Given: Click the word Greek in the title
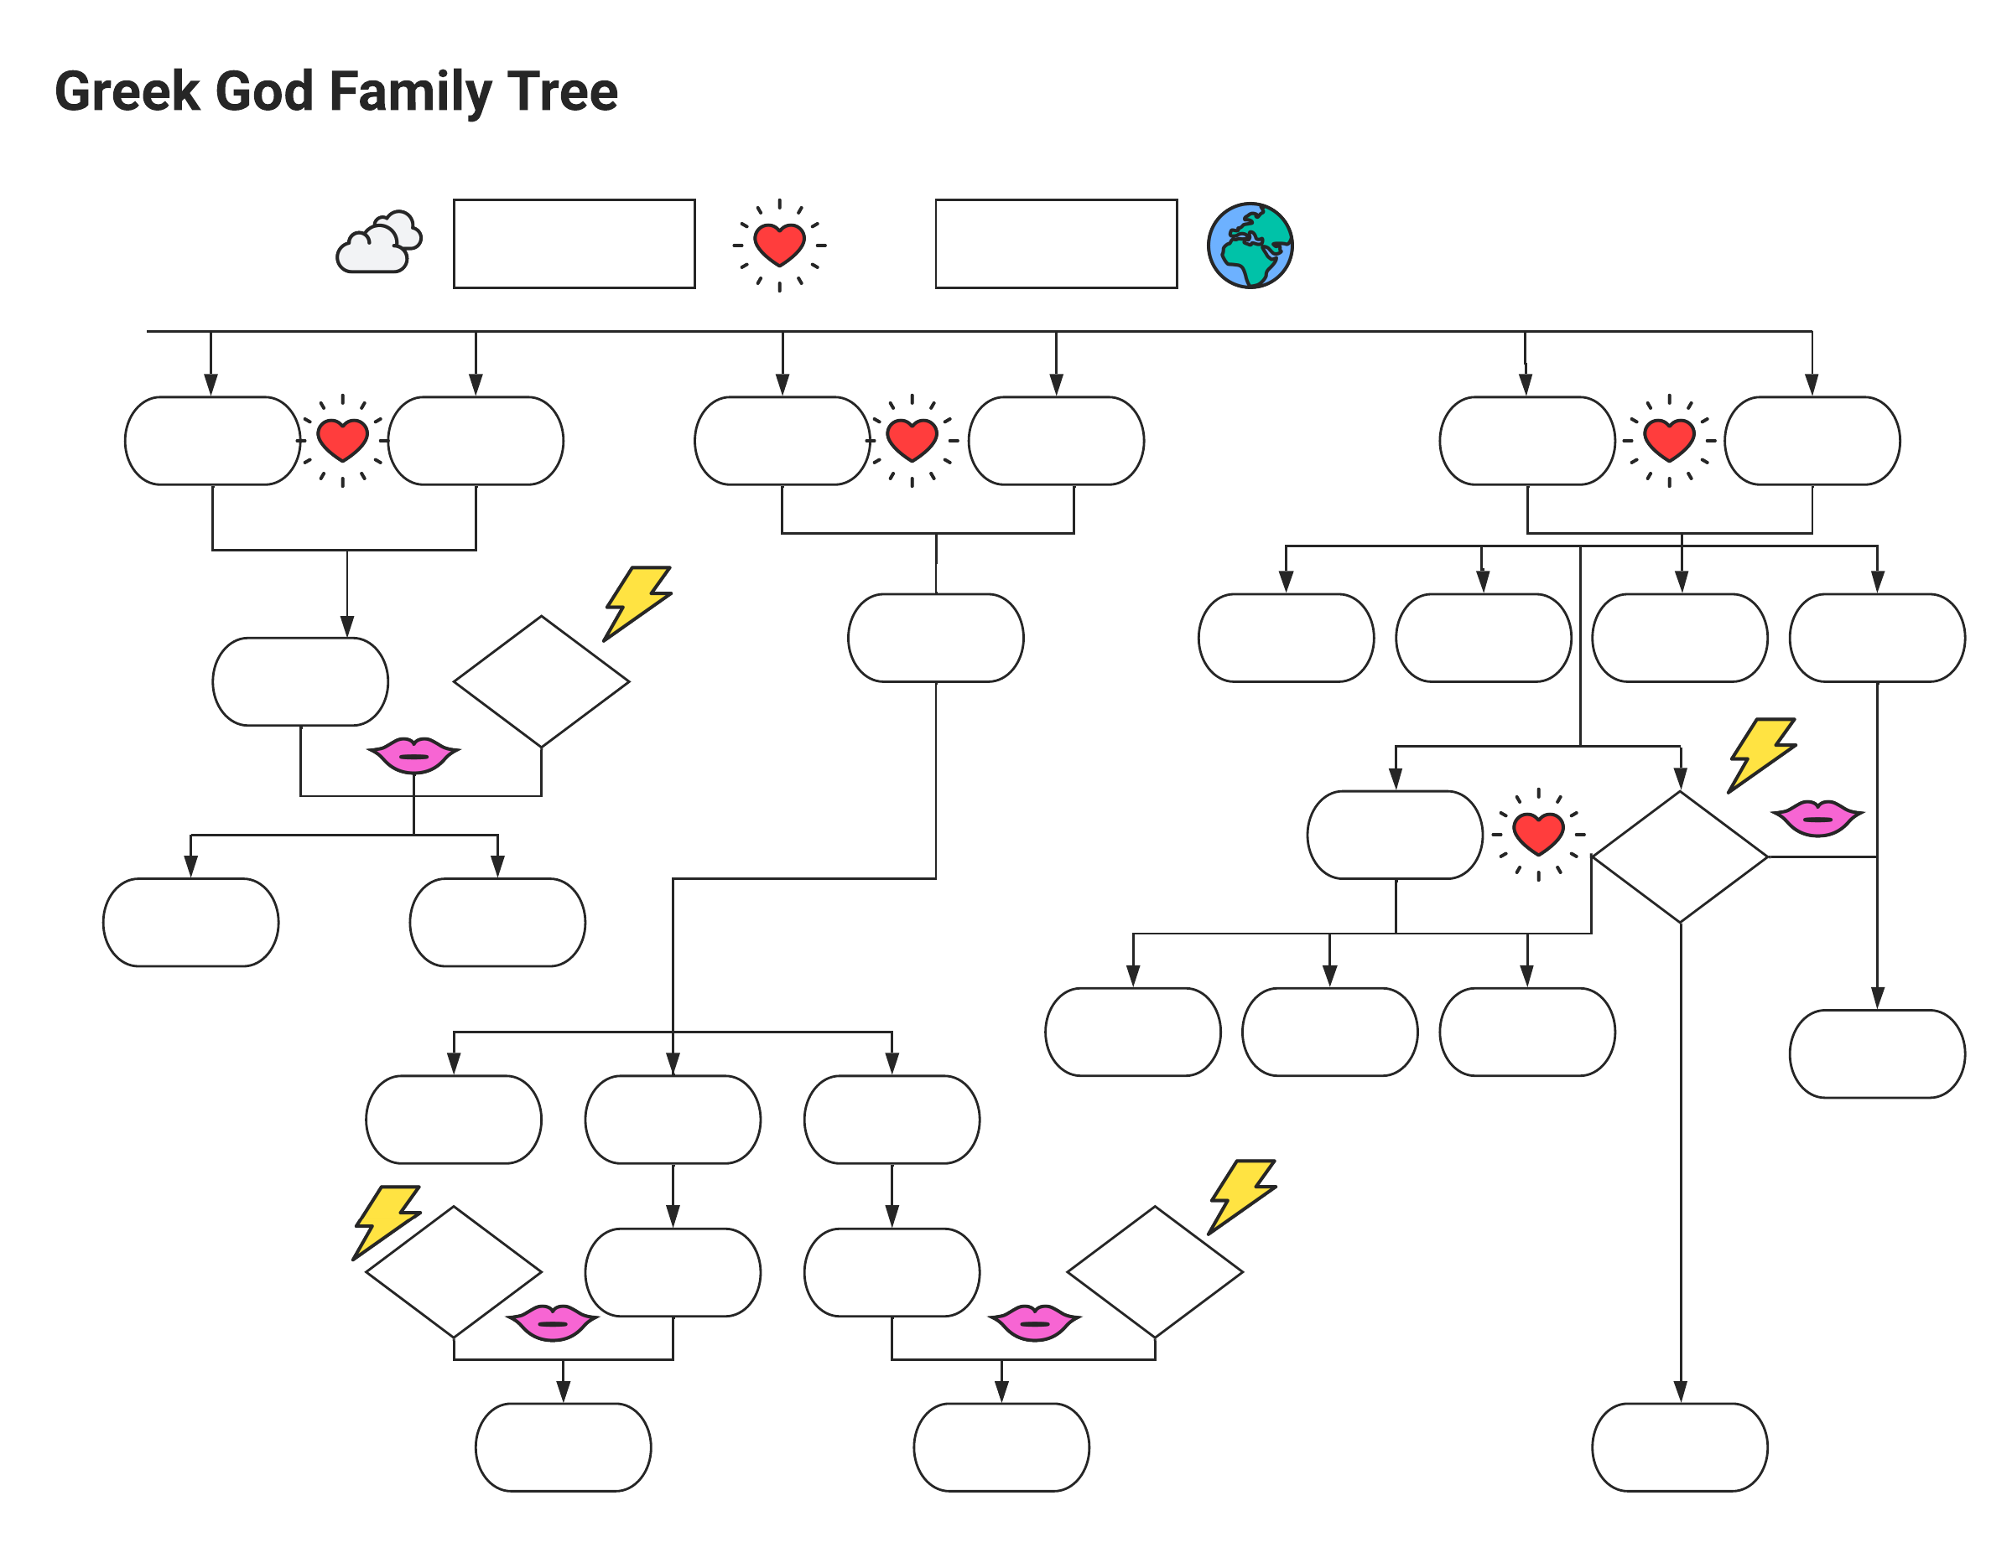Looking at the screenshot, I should [127, 92].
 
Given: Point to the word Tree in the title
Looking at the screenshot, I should [562, 92].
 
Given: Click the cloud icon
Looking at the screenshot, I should [378, 243].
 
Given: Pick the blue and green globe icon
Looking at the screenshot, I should [1249, 245].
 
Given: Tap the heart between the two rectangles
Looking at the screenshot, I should [779, 245].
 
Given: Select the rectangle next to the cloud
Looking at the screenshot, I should [574, 243].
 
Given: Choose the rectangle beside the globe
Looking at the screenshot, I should [1055, 243].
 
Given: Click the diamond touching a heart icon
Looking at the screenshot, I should [1679, 856].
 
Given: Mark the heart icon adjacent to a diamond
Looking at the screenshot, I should [1537, 833].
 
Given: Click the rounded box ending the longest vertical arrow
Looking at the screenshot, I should [1679, 1446].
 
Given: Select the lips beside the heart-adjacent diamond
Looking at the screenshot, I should [1816, 817].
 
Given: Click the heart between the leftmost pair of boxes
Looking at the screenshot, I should [342, 440].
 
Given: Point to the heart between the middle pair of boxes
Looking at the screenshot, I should [911, 440].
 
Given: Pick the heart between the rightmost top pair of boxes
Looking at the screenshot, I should [1667, 440].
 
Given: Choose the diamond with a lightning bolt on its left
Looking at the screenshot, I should [453, 1271].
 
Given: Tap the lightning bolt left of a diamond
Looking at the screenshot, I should [387, 1220].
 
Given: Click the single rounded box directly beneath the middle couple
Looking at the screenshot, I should [935, 637].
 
